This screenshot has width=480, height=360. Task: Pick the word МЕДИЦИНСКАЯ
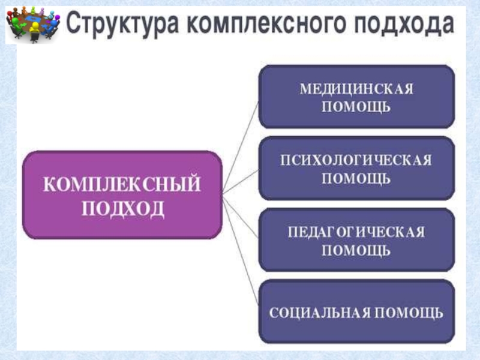coord(356,89)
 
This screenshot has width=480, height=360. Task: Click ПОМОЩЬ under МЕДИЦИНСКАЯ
coord(356,107)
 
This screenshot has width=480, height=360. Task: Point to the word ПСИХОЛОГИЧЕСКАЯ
coord(356,160)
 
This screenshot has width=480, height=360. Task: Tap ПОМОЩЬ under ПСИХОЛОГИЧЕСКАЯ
coord(356,179)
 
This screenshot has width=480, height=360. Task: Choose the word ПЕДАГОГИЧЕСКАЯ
coord(356,232)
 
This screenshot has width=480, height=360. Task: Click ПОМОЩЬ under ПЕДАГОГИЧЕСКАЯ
coord(356,251)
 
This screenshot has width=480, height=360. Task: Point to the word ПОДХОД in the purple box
coord(122,209)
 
